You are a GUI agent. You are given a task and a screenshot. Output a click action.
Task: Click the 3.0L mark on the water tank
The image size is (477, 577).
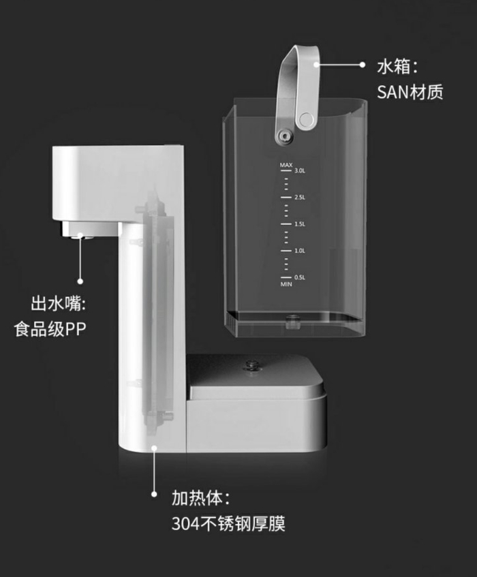[x=299, y=172]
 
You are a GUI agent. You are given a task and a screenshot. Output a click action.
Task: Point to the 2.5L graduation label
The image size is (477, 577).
[x=299, y=198]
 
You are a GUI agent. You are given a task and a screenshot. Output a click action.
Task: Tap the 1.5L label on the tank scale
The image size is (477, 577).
[x=299, y=224]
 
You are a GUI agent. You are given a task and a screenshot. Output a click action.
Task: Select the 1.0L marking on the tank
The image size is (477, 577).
[x=299, y=251]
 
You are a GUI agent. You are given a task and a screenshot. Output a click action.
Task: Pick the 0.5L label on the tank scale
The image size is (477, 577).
[x=299, y=277]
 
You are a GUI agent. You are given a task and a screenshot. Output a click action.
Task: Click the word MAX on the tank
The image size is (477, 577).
[x=286, y=166]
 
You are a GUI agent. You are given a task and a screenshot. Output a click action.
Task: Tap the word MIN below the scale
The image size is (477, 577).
[x=286, y=284]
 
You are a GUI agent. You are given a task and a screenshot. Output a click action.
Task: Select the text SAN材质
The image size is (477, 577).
[x=410, y=92]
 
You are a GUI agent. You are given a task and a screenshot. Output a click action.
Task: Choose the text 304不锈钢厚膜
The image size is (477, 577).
[x=228, y=524]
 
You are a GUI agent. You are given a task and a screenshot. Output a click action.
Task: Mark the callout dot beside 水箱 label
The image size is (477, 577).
[x=363, y=65]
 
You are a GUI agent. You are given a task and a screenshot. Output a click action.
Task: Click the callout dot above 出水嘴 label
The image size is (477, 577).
[x=80, y=280]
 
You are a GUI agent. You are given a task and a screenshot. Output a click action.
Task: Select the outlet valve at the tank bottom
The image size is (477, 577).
[x=294, y=319]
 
